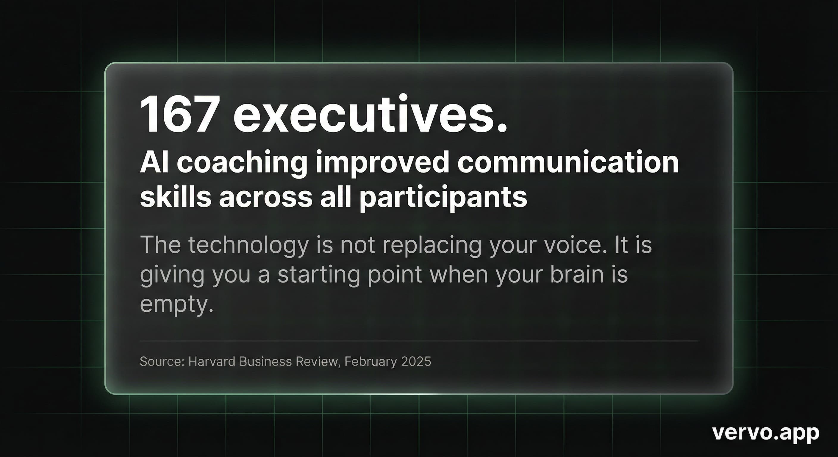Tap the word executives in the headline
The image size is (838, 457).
click(370, 115)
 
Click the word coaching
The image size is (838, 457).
click(242, 163)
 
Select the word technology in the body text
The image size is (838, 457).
click(248, 245)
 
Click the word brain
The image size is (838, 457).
click(577, 274)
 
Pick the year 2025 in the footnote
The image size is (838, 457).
click(416, 362)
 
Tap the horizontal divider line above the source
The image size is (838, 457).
click(419, 341)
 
